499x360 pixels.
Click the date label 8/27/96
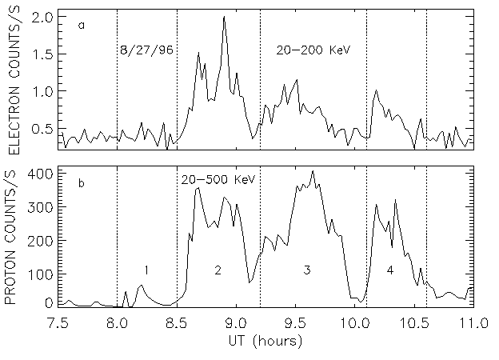point(146,50)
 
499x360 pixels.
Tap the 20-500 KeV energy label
point(218,180)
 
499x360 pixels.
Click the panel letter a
point(82,26)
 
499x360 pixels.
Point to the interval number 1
point(146,270)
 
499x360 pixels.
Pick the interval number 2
point(218,270)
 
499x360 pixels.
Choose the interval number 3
point(307,270)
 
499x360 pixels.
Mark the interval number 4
point(390,270)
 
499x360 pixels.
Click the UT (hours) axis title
point(266,341)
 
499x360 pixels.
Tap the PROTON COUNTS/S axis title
point(14,238)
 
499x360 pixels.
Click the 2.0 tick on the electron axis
point(42,17)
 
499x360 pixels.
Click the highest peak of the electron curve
point(225,17)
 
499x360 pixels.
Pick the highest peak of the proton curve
point(313,171)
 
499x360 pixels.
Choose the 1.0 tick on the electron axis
point(42,91)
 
